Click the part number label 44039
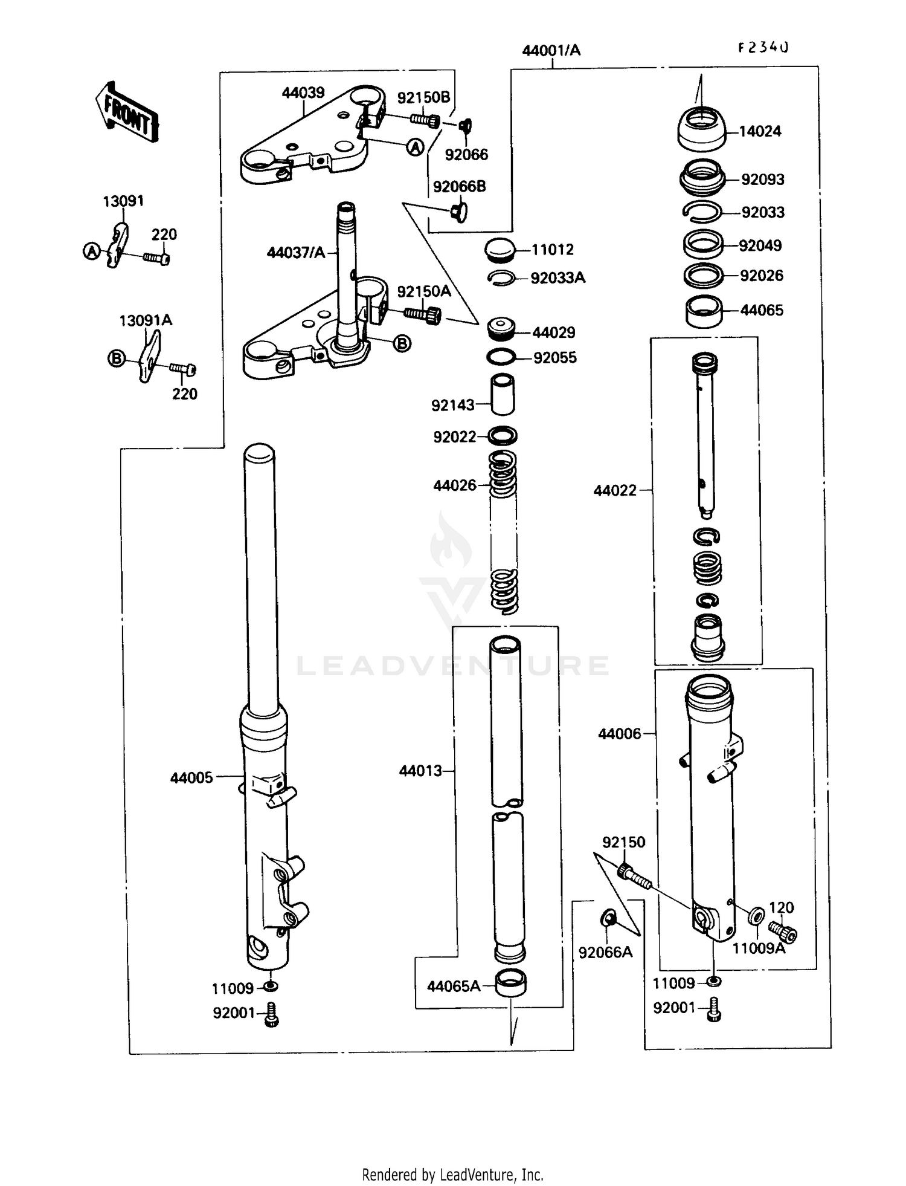pos(303,92)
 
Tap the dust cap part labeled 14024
pos(701,129)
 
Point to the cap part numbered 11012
pos(501,250)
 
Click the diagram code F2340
pos(763,48)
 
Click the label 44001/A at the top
pos(551,50)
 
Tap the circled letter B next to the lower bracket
pos(402,343)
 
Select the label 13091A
pos(146,320)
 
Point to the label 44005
pos(191,777)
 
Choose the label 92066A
pos(605,952)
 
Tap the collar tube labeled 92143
pos(503,394)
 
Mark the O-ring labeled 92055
pos(501,357)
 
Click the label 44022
pos(615,490)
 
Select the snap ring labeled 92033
pos(702,210)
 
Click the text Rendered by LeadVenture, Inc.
pos(452,1175)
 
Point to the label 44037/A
pos(296,252)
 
